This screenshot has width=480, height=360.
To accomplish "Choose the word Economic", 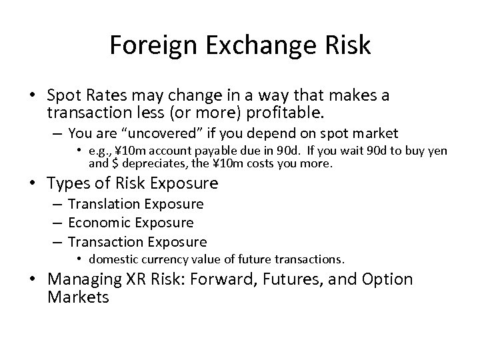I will pos(99,223).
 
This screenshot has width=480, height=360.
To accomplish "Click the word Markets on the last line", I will pos(78,297).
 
